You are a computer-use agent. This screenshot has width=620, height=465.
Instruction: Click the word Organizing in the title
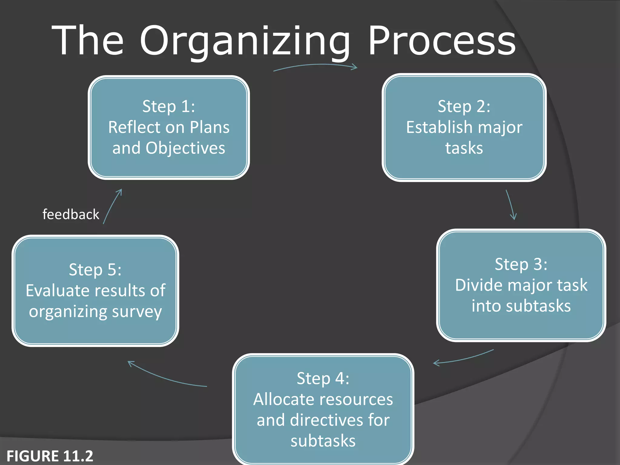coord(245,41)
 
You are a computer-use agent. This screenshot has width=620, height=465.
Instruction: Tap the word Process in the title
coord(442,41)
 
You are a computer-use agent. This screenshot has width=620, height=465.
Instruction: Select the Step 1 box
coord(169,127)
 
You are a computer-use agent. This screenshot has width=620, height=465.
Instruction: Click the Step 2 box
coord(464,127)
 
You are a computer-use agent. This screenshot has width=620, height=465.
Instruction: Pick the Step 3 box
coord(521,285)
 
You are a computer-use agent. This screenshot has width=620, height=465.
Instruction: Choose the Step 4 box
coord(323,409)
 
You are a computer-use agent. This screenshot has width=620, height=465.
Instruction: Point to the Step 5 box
coord(95,290)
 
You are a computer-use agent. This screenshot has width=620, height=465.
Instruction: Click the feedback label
coord(71,214)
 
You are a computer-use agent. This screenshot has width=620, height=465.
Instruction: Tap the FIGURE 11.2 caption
coord(50,456)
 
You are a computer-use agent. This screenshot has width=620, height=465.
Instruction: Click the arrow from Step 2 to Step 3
coord(510,205)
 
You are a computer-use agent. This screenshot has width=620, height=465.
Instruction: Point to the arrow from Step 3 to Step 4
coord(463,358)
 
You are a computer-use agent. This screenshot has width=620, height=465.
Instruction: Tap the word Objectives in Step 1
coord(185,148)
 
